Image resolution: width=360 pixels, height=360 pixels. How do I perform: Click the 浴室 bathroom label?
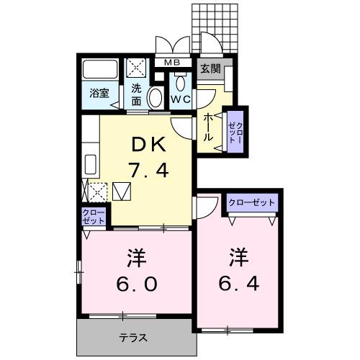(x=97, y=93)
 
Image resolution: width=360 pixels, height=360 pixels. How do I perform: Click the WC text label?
(x=180, y=99)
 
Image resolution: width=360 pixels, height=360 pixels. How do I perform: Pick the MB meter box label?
(x=172, y=62)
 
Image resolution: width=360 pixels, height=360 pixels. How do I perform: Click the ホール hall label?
(x=208, y=127)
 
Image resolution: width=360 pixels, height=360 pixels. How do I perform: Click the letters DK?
(x=149, y=145)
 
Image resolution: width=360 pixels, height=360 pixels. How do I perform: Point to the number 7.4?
(x=148, y=171)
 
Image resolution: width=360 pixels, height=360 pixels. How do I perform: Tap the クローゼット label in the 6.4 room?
(x=251, y=202)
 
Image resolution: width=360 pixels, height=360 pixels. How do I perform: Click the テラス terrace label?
(x=135, y=336)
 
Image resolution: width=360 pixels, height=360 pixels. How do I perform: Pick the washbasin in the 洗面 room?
(x=155, y=98)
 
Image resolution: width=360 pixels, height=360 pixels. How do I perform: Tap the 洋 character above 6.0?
(x=137, y=256)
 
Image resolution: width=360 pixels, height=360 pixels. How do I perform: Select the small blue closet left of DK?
(x=94, y=216)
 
